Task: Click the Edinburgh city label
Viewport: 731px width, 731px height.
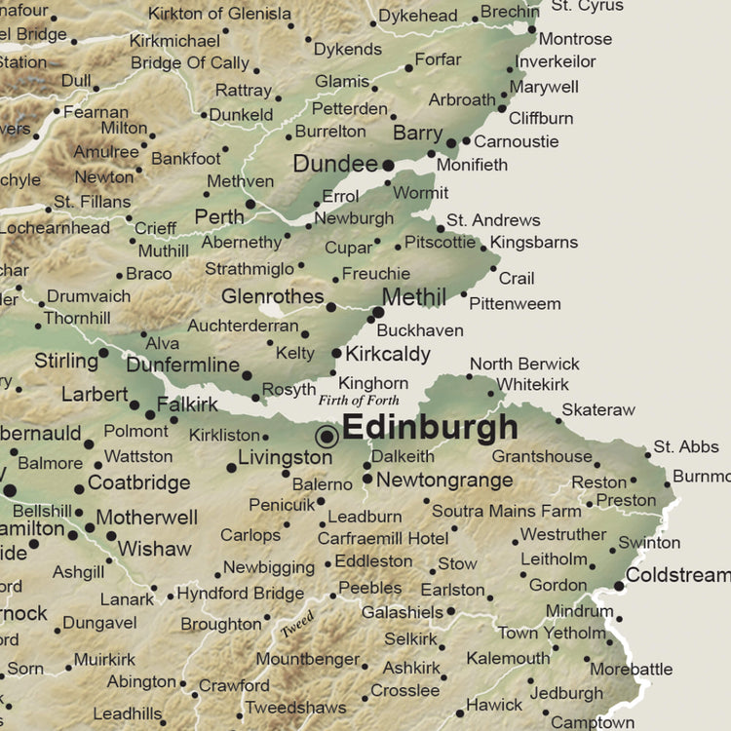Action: (430, 428)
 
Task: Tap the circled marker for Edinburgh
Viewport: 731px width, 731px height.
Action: (327, 436)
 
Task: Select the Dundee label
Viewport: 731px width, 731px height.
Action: (334, 164)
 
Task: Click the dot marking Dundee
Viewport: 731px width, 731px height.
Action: (388, 166)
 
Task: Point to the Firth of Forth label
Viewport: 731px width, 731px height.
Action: (359, 400)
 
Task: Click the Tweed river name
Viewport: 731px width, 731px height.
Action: (296, 625)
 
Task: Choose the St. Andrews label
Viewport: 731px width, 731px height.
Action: (493, 220)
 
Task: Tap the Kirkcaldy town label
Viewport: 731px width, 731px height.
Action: (388, 354)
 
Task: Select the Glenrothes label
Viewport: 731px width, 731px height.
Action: (272, 295)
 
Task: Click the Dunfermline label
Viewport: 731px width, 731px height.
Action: (183, 365)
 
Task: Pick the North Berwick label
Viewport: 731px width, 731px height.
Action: (524, 364)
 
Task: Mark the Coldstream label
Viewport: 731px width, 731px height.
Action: (678, 575)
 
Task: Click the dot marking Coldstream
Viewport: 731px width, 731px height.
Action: (619, 586)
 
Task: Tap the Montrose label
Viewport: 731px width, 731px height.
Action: (575, 39)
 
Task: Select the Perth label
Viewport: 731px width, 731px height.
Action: (218, 215)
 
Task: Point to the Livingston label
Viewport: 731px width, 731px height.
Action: (286, 456)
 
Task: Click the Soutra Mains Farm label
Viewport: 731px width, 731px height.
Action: (507, 511)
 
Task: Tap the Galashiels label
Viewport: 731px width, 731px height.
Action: (402, 612)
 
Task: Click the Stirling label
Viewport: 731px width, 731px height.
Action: (66, 361)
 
